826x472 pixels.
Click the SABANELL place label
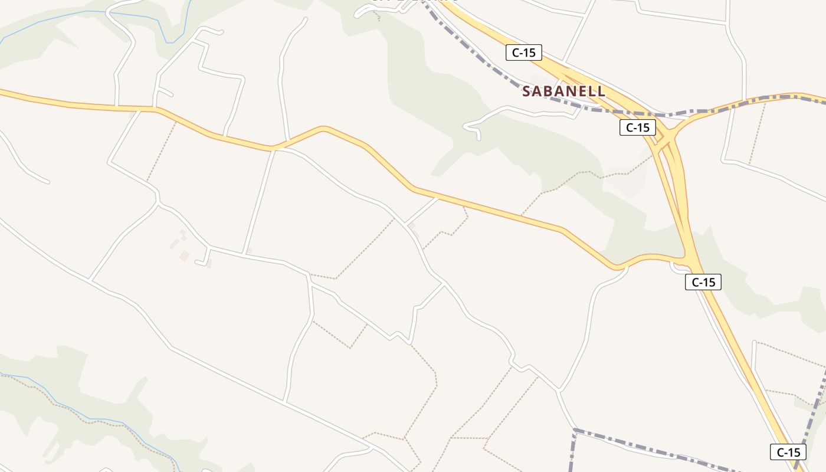click(x=563, y=91)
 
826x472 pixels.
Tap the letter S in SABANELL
click(x=527, y=91)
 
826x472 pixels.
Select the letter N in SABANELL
click(x=573, y=91)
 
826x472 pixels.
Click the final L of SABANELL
click(x=601, y=91)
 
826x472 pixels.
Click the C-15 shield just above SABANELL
click(x=524, y=53)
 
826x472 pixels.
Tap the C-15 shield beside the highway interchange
click(x=638, y=127)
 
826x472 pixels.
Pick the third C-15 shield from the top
click(x=703, y=282)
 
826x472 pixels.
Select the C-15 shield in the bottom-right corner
click(x=788, y=453)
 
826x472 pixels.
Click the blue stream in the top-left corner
click(x=88, y=12)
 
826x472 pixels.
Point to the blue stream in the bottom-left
click(x=88, y=419)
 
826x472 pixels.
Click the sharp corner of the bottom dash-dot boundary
click(x=573, y=430)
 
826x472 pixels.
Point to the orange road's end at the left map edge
click(x=2, y=91)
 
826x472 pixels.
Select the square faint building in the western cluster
click(x=185, y=255)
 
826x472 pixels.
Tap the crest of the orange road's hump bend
click(x=323, y=127)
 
